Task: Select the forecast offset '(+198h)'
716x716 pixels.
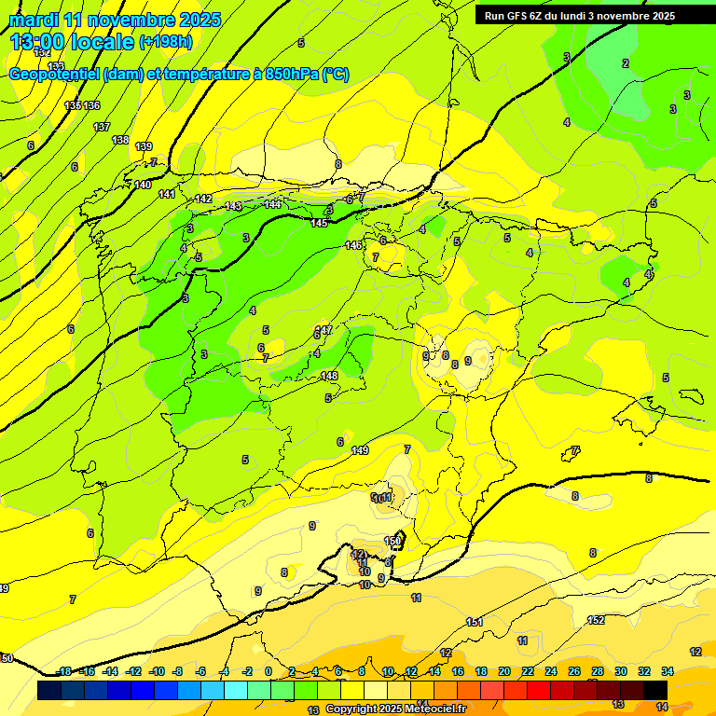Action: click(165, 42)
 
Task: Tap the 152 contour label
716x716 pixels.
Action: click(596, 620)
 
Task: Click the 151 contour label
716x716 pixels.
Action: click(474, 622)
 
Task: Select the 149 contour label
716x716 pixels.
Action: click(360, 450)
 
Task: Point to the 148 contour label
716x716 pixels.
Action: click(329, 376)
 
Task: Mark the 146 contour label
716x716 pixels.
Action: click(353, 245)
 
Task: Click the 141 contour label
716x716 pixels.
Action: click(166, 194)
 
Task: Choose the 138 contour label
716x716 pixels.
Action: click(120, 140)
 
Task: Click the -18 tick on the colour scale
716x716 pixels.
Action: click(64, 671)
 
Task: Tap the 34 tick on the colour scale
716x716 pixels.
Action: click(668, 671)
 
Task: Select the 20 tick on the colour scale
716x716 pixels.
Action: click(504, 671)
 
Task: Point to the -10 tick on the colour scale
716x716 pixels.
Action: click(157, 671)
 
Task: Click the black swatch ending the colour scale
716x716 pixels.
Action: click(655, 690)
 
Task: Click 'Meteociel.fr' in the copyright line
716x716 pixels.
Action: click(434, 709)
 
